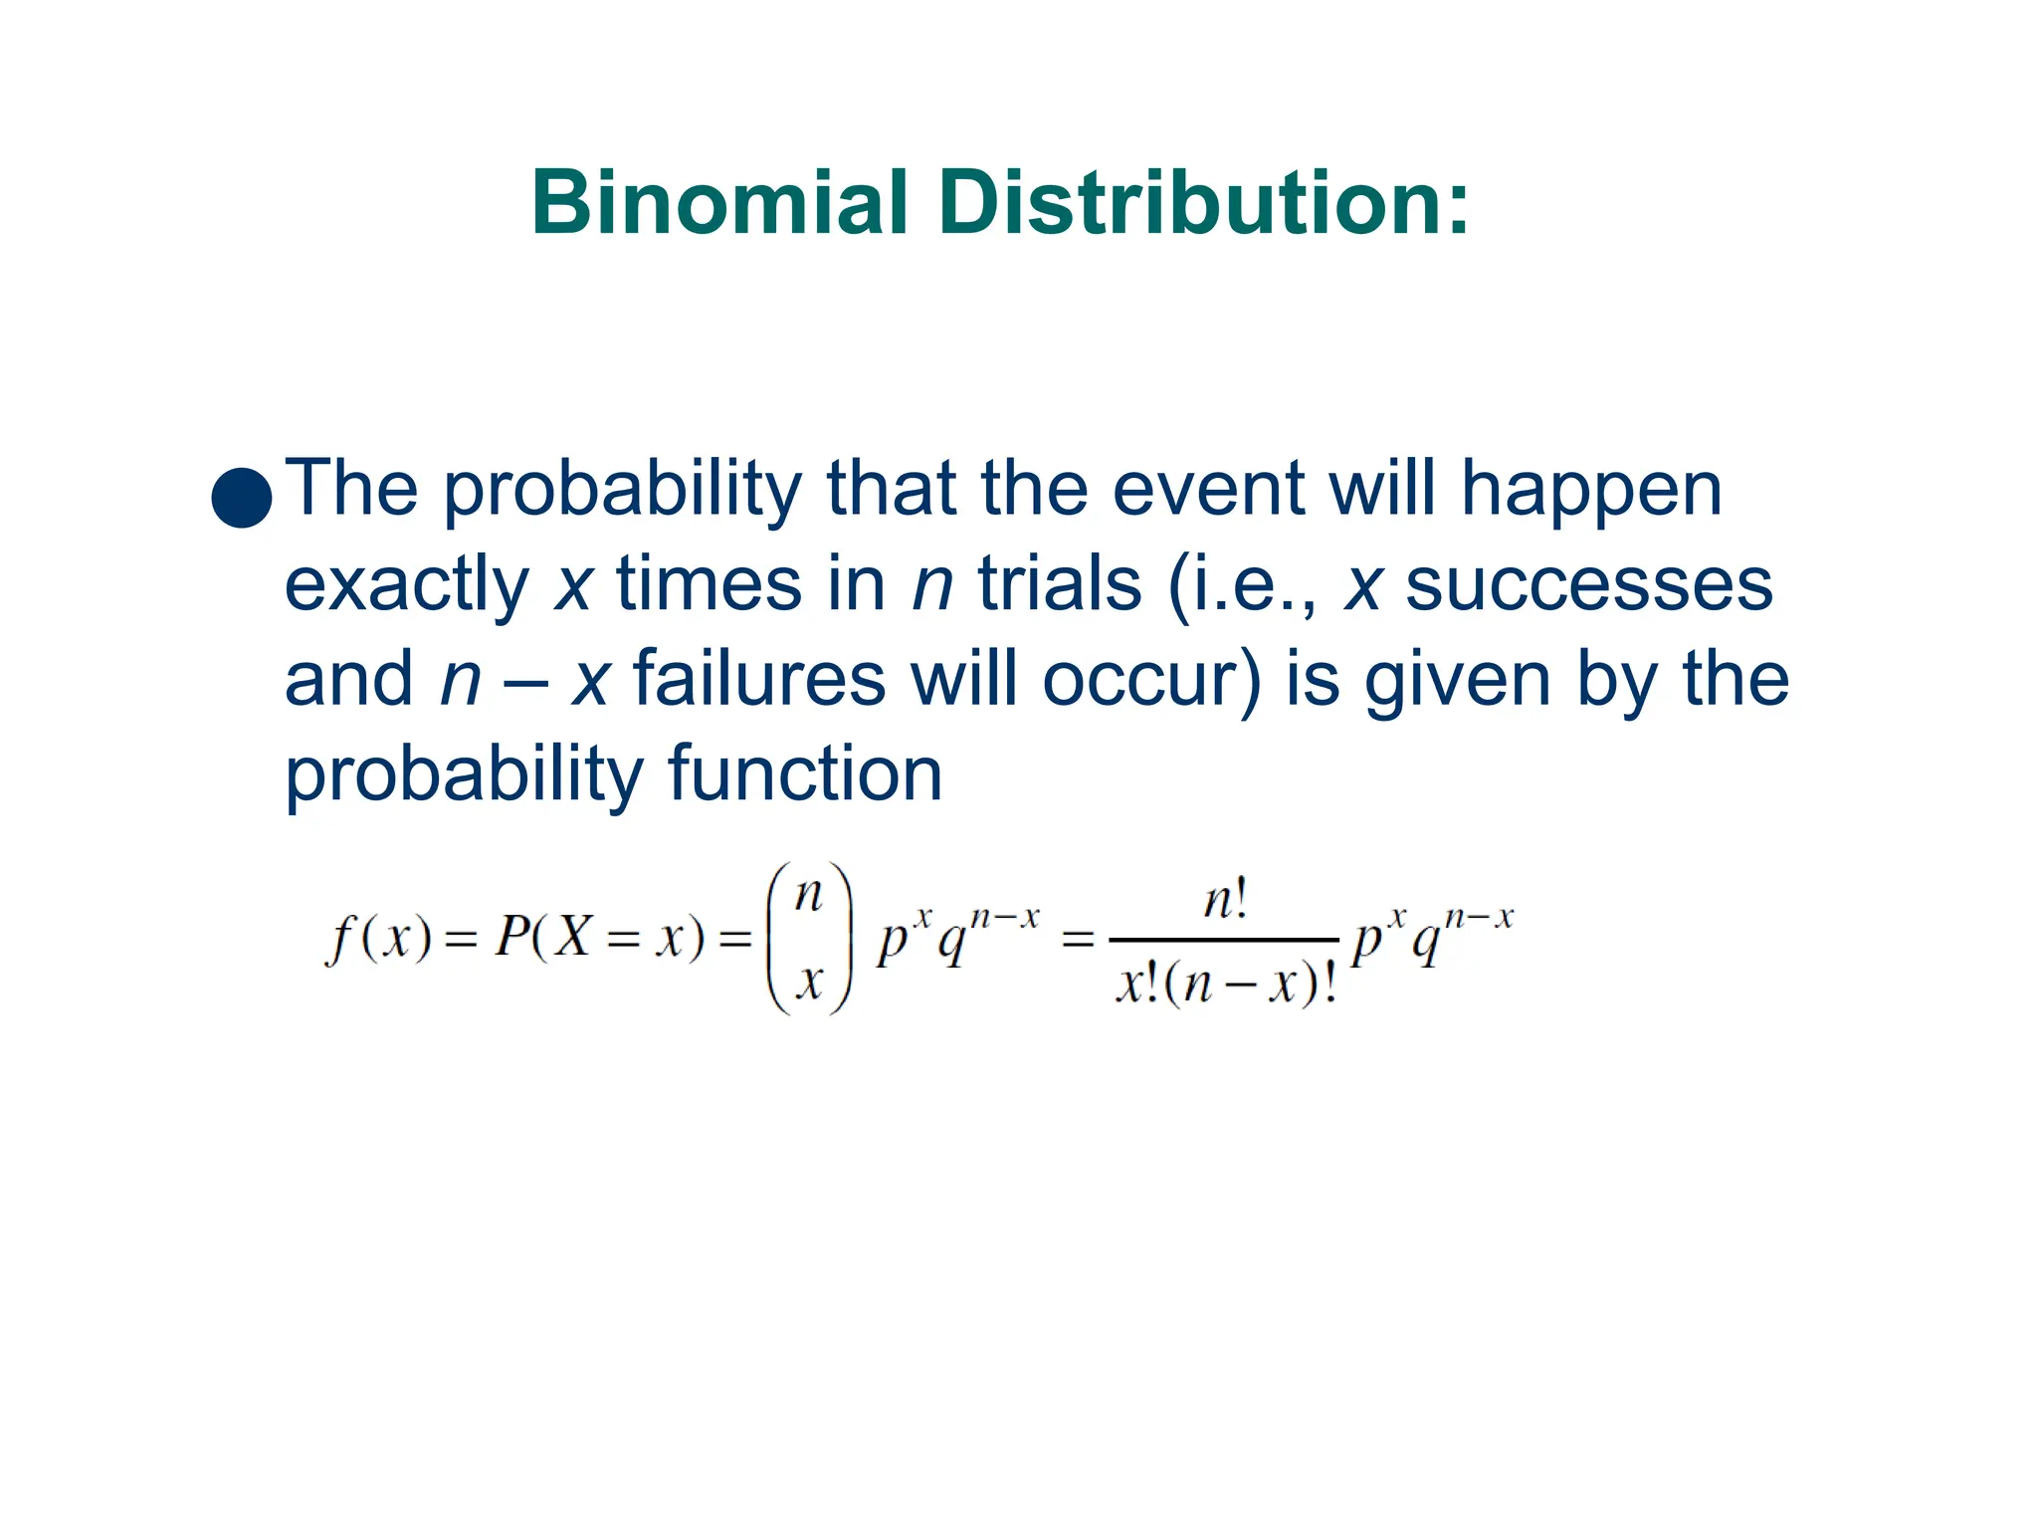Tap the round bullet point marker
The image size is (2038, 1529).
tap(242, 497)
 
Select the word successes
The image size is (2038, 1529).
tap(1588, 585)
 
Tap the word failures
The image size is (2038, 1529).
tap(758, 679)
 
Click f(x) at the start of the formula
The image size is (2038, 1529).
tap(378, 938)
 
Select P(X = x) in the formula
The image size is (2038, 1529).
tap(598, 938)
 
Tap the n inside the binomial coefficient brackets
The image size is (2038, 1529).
tap(809, 895)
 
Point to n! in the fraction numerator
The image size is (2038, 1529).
tap(1225, 902)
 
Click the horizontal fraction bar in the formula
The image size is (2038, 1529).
tap(1224, 940)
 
